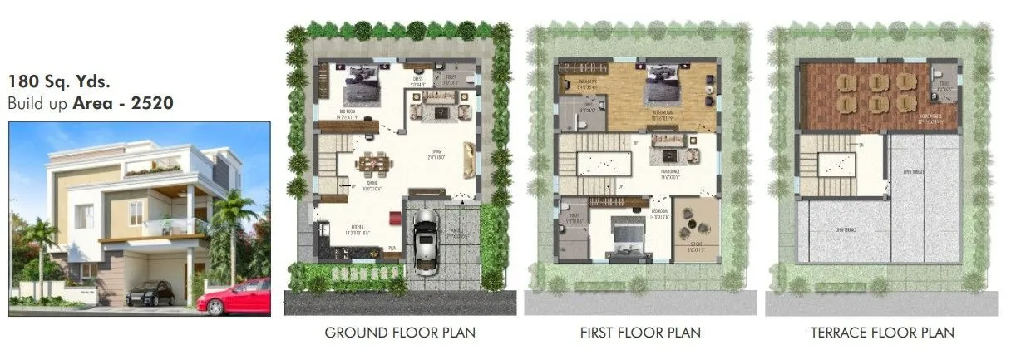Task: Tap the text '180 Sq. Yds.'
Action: [59, 82]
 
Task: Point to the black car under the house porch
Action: [150, 293]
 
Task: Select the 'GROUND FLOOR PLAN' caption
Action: [400, 333]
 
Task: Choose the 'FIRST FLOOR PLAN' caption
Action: [640, 333]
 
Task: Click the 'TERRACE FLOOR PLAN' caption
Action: [882, 333]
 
